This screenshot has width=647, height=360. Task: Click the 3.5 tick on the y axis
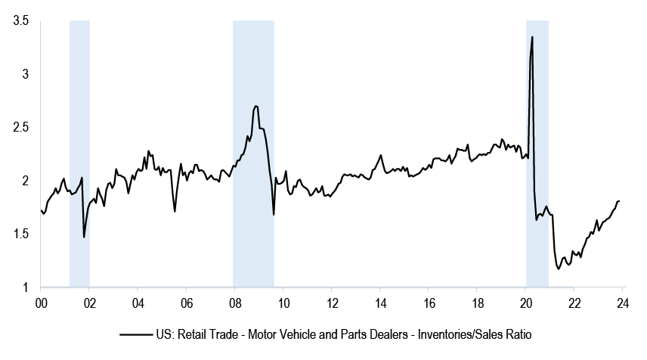[x=20, y=21]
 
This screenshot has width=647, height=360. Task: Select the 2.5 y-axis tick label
[x=20, y=127]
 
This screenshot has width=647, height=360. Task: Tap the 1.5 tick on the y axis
[x=20, y=234]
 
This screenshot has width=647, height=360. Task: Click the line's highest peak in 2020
[x=533, y=37]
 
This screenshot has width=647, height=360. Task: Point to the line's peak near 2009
[x=256, y=106]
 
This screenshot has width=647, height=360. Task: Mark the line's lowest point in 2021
[x=559, y=268]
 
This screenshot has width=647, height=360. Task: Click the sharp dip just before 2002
[x=84, y=237]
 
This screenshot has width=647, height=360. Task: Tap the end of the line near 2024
[x=619, y=200]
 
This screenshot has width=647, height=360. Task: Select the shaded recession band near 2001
[x=79, y=151]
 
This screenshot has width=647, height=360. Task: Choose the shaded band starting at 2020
[x=537, y=151]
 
